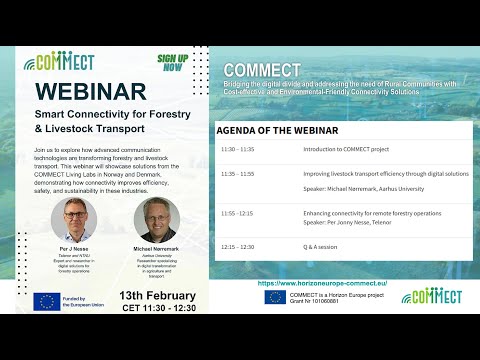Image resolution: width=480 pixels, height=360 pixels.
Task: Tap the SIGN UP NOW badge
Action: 173,63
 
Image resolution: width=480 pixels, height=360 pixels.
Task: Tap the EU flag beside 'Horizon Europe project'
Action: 275,296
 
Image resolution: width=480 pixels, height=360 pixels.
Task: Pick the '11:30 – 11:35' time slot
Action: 237,148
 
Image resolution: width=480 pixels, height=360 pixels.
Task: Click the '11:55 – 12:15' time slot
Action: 237,213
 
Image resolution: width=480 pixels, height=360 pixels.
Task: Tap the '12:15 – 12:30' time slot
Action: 237,246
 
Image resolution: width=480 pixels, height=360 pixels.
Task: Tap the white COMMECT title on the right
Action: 261,69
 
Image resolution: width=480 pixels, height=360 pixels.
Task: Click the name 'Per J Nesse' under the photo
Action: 78,252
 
